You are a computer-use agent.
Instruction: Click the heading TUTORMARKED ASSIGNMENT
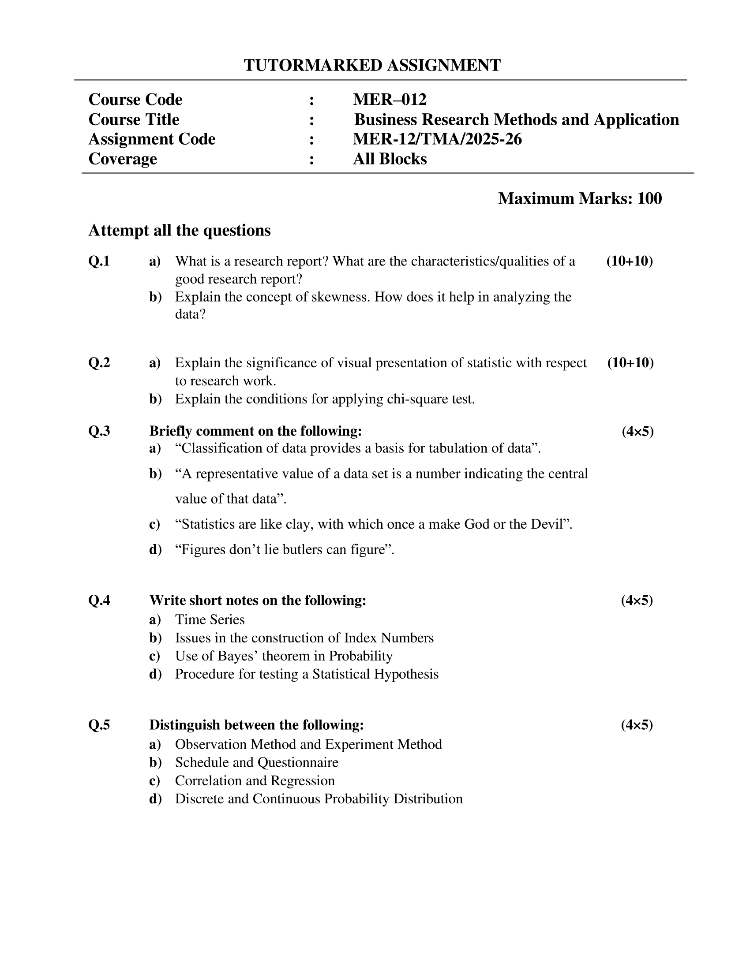click(372, 65)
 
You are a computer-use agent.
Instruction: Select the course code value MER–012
click(389, 100)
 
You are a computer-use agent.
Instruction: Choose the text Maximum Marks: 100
click(579, 198)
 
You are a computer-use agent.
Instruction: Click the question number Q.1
click(99, 261)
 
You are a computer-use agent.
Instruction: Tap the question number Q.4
click(99, 601)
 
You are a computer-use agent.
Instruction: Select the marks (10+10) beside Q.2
click(630, 363)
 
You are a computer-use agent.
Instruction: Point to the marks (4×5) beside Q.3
click(637, 431)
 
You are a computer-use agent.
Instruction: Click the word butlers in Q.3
click(301, 550)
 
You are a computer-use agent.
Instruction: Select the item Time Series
click(210, 619)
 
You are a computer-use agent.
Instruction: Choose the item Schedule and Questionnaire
click(256, 763)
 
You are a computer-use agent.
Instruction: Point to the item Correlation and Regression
click(255, 781)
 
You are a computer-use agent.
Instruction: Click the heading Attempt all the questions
click(179, 231)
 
